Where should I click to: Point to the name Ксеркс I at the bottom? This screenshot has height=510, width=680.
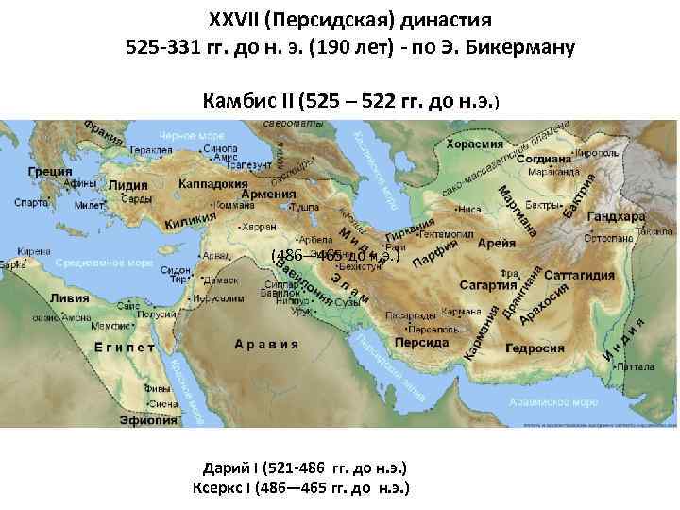pyautogui.click(x=229, y=488)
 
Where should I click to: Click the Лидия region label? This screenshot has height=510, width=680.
pyautogui.click(x=128, y=186)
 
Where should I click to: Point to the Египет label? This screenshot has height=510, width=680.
pyautogui.click(x=125, y=347)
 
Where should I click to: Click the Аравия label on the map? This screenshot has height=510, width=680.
pyautogui.click(x=267, y=344)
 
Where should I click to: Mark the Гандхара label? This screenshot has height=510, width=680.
pyautogui.click(x=618, y=216)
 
